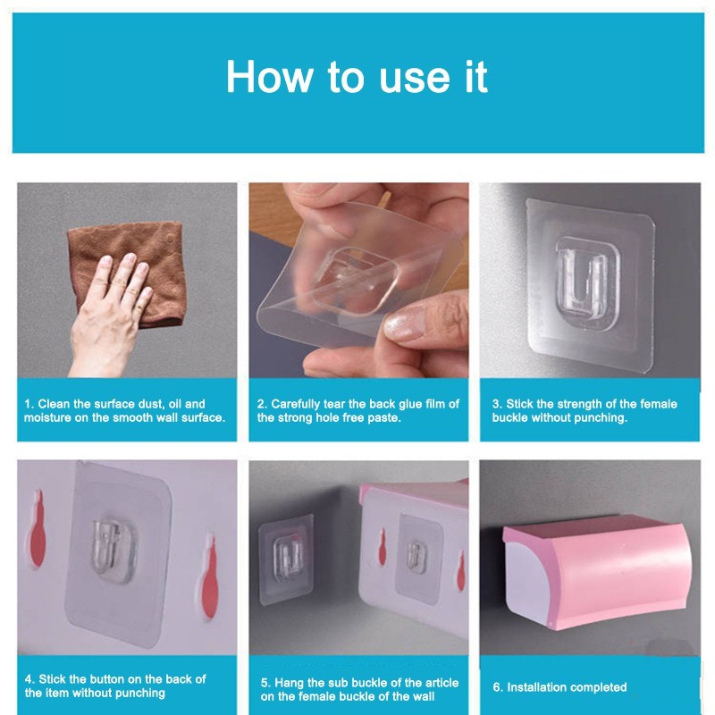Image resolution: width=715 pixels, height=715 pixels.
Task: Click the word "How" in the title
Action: (x=269, y=77)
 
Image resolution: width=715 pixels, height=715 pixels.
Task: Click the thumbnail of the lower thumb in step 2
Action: (x=405, y=324)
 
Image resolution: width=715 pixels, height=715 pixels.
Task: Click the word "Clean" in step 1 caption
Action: (x=54, y=404)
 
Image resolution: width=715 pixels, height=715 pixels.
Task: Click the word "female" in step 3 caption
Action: (x=659, y=404)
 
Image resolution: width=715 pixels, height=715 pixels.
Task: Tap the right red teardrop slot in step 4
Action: (x=209, y=576)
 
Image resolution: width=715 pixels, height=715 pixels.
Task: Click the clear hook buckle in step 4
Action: (x=113, y=550)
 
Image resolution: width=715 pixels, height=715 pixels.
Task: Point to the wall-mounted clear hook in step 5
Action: (x=288, y=559)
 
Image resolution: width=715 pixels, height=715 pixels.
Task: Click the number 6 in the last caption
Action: (x=496, y=687)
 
